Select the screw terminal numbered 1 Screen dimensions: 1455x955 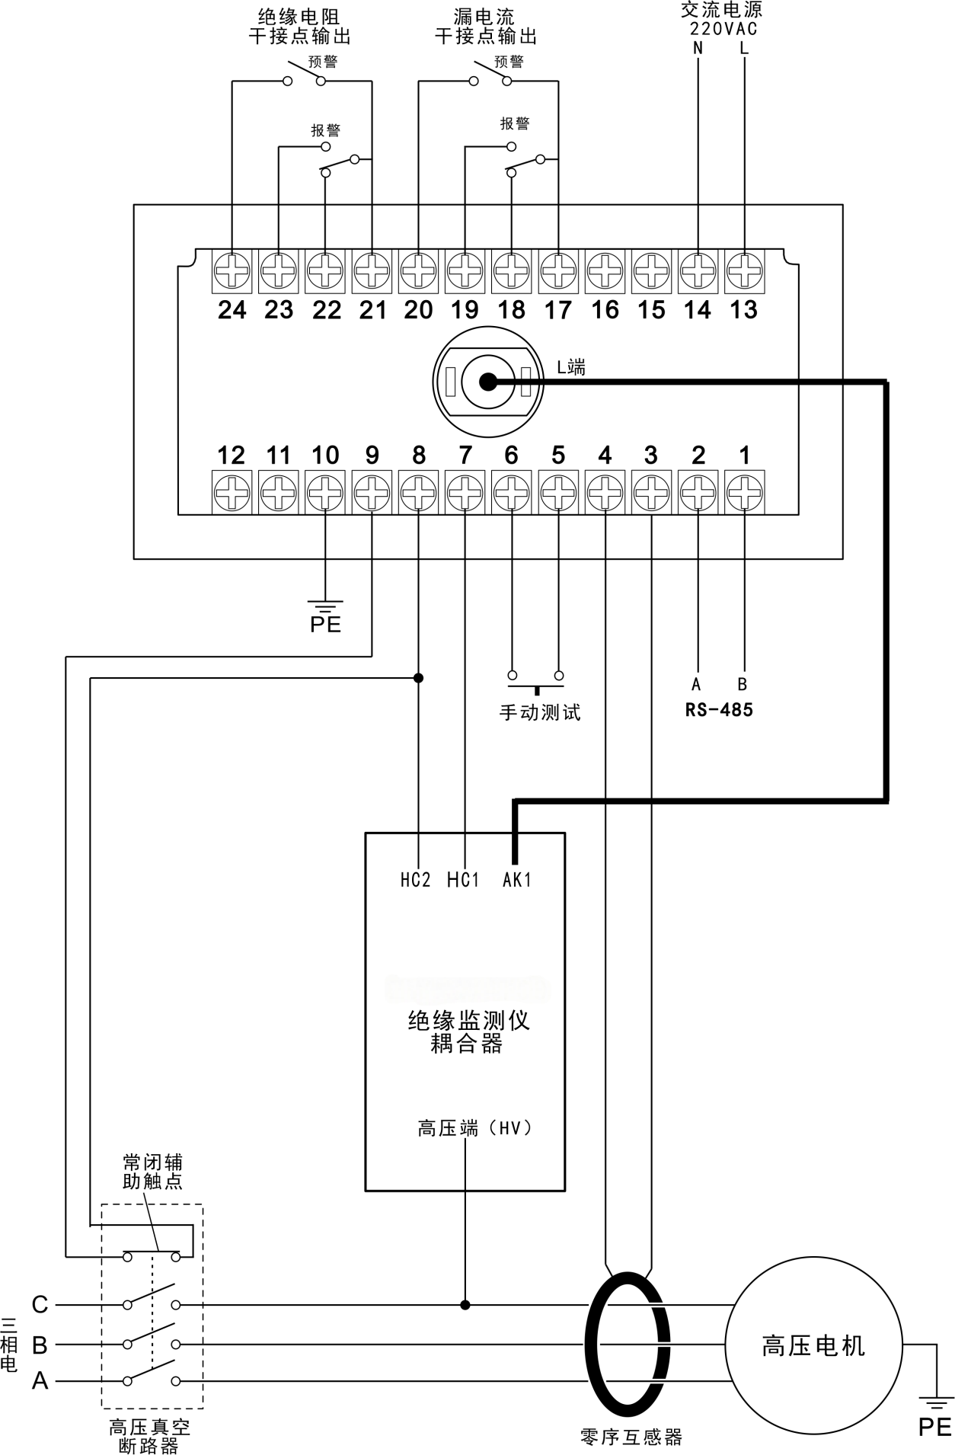click(x=744, y=492)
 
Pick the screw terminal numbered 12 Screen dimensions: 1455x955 click(x=232, y=492)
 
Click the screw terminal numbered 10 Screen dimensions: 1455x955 click(x=325, y=492)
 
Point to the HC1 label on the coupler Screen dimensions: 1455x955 click(x=463, y=880)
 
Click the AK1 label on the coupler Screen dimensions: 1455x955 click(x=516, y=880)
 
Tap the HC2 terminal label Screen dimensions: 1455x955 click(x=416, y=880)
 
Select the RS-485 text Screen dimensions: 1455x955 click(x=719, y=710)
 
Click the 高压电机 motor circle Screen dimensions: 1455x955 click(x=813, y=1345)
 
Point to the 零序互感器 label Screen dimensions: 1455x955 click(x=631, y=1437)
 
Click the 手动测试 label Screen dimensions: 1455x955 click(x=539, y=712)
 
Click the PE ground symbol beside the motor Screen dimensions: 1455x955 click(x=934, y=1412)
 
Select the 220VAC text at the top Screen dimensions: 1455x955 click(x=723, y=29)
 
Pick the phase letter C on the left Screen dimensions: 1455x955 click(x=40, y=1305)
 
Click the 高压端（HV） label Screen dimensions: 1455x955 click(x=474, y=1128)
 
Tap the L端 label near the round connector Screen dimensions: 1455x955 click(x=571, y=367)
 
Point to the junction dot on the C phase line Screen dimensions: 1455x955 click(x=465, y=1305)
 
